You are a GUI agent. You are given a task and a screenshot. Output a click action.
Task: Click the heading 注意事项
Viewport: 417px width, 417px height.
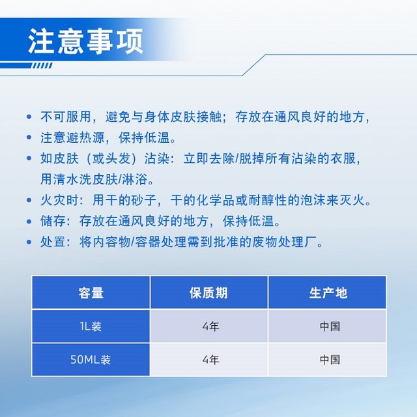[85, 40]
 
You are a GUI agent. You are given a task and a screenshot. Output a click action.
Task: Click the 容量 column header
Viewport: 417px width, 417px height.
[91, 293]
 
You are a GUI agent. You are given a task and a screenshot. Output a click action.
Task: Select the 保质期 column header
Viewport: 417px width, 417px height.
[209, 293]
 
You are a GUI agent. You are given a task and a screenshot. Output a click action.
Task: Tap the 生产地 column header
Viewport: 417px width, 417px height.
[328, 293]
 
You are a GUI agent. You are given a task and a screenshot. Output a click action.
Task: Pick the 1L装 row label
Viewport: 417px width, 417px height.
[91, 326]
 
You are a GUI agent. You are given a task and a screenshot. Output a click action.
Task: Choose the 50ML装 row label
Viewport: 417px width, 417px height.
[91, 359]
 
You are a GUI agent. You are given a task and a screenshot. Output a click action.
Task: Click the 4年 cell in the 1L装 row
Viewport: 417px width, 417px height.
[209, 326]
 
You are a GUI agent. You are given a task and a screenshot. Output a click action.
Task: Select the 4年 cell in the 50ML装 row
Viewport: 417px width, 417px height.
[209, 359]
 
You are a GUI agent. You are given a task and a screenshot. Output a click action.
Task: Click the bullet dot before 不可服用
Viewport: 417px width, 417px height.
[29, 118]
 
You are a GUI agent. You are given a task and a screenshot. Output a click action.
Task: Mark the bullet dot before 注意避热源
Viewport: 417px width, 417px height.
[29, 138]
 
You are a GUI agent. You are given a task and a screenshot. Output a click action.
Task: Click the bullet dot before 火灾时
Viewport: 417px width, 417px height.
[29, 201]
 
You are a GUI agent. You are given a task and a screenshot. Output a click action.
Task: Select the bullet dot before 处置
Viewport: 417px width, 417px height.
[29, 242]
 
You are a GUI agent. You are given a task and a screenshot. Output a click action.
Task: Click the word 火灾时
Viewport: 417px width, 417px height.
[57, 201]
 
